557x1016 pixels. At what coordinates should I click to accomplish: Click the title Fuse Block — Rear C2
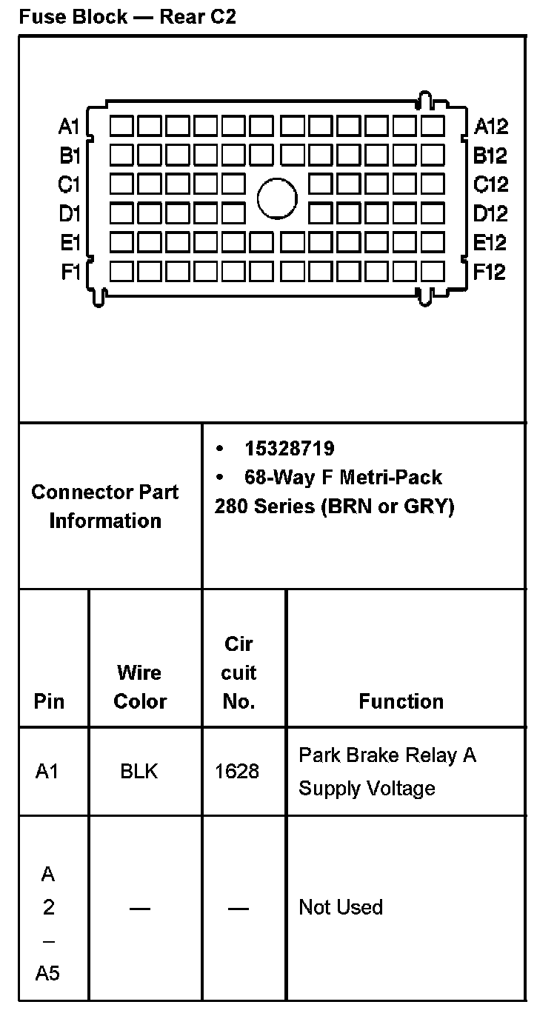pos(127,17)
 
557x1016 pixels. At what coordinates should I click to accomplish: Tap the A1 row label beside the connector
pos(69,127)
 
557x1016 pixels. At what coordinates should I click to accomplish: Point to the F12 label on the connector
pos(490,272)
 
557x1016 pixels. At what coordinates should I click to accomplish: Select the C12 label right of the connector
pos(490,184)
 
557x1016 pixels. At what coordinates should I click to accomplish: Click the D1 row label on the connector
pos(69,214)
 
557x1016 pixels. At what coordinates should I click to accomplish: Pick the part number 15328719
pos(289,449)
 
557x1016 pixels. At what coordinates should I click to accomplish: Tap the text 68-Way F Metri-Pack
pos(343,477)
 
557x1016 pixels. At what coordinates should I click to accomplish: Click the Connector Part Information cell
pos(105,506)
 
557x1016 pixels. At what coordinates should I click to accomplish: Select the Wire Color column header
pos(140,686)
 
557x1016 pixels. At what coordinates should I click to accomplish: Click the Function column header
pos(401,701)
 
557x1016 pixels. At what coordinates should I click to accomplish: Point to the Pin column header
pos(49,701)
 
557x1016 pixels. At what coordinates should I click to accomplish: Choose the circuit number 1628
pos(237,772)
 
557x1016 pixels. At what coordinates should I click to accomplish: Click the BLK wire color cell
pos(139,772)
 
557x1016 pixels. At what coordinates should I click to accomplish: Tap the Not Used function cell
pos(341,907)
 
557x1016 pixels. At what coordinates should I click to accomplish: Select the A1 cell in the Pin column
pos(47,772)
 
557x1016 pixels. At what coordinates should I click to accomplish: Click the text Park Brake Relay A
pos(387,755)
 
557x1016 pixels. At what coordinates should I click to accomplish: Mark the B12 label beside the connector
pos(490,156)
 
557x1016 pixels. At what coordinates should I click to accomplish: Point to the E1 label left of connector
pos(70,243)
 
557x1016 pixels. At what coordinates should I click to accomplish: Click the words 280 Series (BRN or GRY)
pos(334,507)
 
